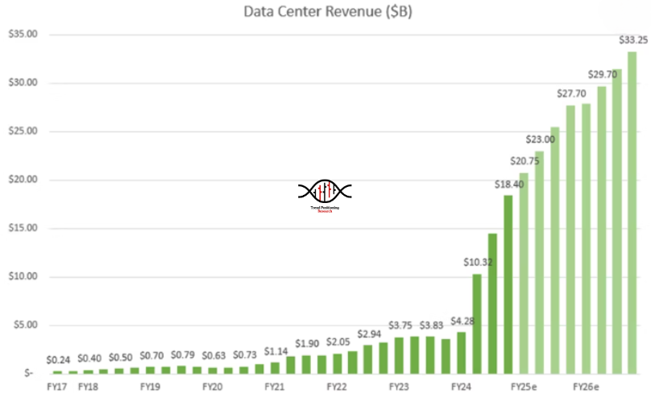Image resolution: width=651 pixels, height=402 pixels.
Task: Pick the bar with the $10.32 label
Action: [x=477, y=323]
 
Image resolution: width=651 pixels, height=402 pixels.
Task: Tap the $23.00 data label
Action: [x=539, y=139]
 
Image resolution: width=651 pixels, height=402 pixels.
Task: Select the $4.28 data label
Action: [x=462, y=321]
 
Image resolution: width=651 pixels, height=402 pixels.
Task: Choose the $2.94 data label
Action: [x=369, y=334]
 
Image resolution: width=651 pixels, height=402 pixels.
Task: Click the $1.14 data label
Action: [x=276, y=350]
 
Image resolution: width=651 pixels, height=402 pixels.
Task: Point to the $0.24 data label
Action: [x=58, y=359]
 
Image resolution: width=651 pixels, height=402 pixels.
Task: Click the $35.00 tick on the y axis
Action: [x=22, y=35]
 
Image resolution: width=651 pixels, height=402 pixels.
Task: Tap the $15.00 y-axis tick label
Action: [x=22, y=228]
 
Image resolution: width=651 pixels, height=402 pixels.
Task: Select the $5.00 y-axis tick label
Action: [x=24, y=325]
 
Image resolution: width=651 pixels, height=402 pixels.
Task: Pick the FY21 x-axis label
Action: [x=275, y=387]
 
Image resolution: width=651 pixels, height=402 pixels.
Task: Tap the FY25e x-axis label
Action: [x=525, y=387]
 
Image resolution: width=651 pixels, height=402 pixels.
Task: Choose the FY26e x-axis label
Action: [x=587, y=387]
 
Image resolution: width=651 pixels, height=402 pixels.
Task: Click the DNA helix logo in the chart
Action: [x=325, y=191]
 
